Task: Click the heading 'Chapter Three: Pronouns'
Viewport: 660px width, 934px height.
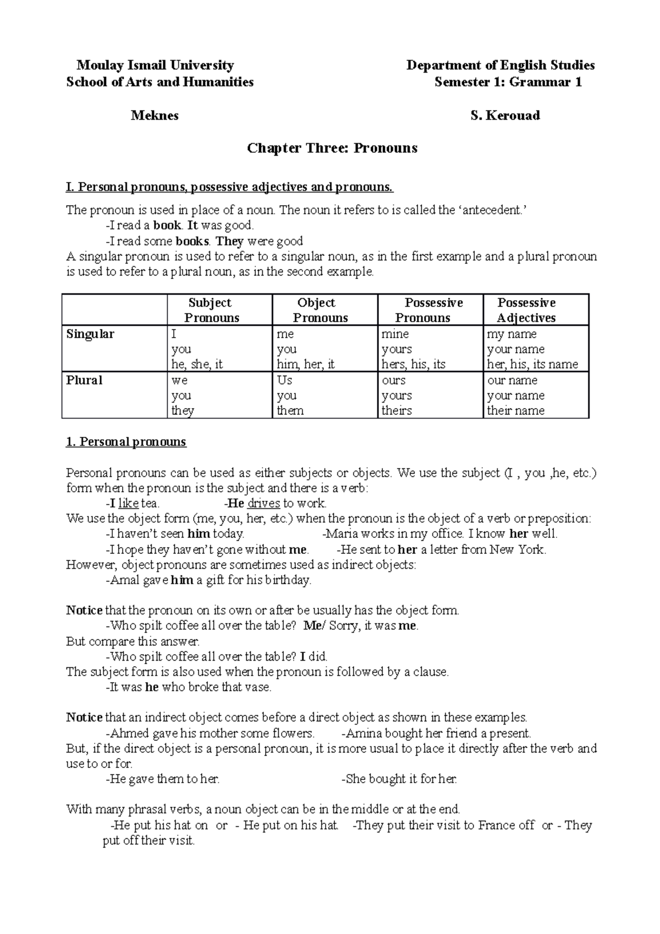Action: tap(332, 148)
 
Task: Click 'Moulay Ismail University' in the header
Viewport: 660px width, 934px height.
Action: tap(155, 65)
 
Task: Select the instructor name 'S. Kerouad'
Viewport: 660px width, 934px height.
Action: tap(505, 116)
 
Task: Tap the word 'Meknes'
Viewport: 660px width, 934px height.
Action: tap(155, 116)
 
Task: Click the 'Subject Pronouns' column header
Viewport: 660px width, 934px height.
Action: tap(211, 310)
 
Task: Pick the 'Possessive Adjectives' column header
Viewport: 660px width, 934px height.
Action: tap(526, 310)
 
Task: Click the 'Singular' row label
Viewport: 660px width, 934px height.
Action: tap(90, 334)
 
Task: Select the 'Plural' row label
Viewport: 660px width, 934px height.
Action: tap(84, 380)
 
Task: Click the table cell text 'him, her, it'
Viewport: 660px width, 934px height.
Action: tap(306, 364)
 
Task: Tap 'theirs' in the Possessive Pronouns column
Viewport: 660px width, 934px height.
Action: tap(397, 410)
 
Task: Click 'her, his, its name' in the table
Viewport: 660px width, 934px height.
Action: tap(532, 364)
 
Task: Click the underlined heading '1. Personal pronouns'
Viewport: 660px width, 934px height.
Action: tap(126, 442)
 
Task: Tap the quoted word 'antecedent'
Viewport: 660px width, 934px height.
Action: tap(490, 210)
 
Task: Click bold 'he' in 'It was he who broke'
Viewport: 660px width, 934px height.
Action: tap(151, 687)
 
